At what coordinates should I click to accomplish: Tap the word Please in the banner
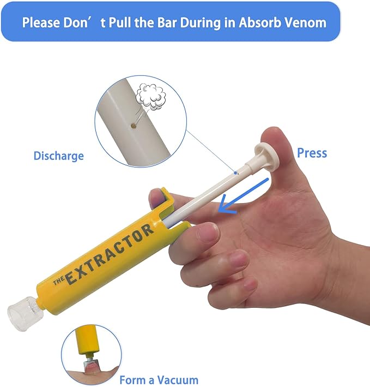(x=41, y=22)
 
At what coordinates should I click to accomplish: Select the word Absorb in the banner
(x=259, y=22)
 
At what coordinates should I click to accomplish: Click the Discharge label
(x=59, y=156)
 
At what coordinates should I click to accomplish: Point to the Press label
(x=312, y=153)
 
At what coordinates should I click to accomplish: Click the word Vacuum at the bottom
(x=178, y=380)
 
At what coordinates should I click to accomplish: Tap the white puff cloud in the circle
(x=151, y=97)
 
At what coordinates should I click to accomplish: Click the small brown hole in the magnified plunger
(x=134, y=126)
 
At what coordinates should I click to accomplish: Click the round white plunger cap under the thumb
(x=266, y=157)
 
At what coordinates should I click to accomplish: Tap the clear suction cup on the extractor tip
(x=23, y=313)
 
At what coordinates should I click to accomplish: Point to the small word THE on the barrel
(x=59, y=281)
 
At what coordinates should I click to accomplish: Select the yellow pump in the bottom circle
(x=87, y=340)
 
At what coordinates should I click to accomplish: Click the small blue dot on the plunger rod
(x=235, y=173)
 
